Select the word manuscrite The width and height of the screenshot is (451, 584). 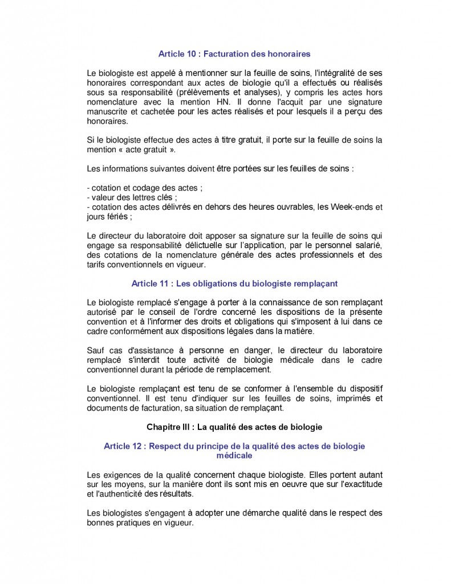(x=107, y=112)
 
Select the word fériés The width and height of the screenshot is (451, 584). (x=119, y=217)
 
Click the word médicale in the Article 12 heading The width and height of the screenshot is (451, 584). (x=234, y=456)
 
